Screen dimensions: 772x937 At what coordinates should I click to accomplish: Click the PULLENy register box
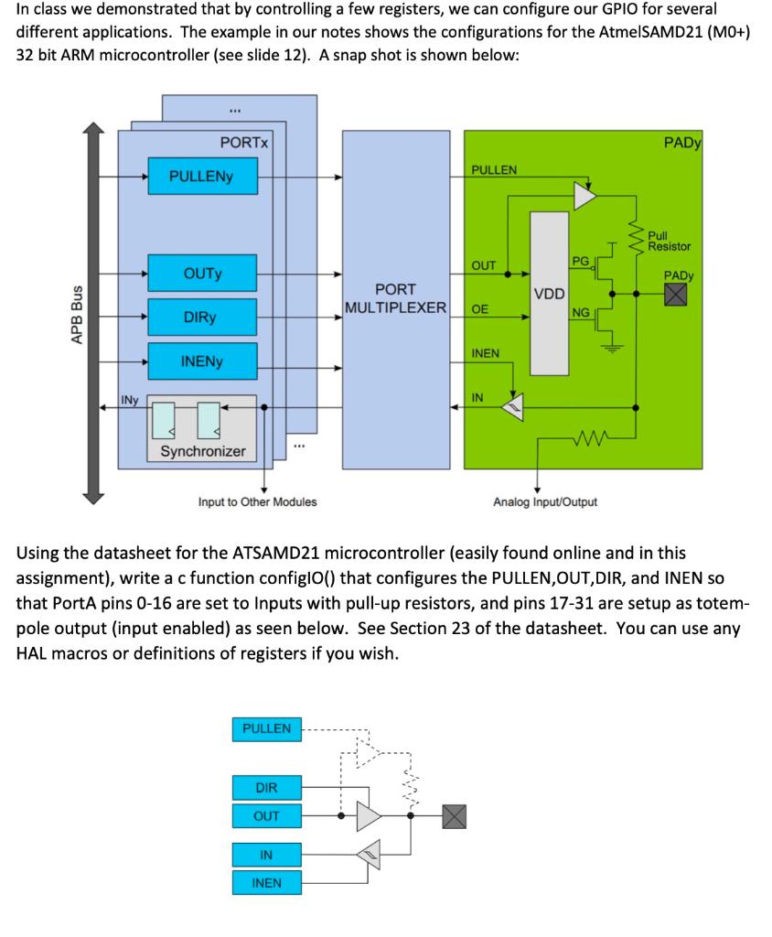pos(202,176)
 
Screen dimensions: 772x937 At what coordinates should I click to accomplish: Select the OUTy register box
pos(202,273)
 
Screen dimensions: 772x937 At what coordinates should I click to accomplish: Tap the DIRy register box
pos(202,317)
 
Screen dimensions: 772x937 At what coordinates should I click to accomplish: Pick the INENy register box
pos(202,361)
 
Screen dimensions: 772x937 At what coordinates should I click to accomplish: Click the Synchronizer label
pos(202,451)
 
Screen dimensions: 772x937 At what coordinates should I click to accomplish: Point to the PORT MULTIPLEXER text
pos(395,298)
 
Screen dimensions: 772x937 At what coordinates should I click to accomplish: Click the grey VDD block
pos(549,294)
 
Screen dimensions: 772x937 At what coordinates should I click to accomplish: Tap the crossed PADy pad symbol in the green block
pos(676,294)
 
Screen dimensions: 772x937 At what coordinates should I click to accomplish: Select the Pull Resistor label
pos(670,241)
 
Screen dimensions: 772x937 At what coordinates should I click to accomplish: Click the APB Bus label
pos(77,315)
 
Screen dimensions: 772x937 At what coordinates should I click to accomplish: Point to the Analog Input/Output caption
pos(545,502)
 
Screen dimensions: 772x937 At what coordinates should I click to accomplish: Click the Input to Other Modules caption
pos(258,502)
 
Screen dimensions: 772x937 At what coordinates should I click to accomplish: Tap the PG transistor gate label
pos(580,261)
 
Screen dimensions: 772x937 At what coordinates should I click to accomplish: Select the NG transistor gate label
pos(581,313)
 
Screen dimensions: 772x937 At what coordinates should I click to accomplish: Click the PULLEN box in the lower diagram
pos(266,729)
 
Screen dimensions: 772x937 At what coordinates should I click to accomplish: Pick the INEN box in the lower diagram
pos(266,883)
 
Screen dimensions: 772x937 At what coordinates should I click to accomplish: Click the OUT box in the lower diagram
pos(266,815)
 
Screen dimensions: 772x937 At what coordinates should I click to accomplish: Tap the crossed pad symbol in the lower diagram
pos(454,816)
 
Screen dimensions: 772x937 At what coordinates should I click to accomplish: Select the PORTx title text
pos(244,143)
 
